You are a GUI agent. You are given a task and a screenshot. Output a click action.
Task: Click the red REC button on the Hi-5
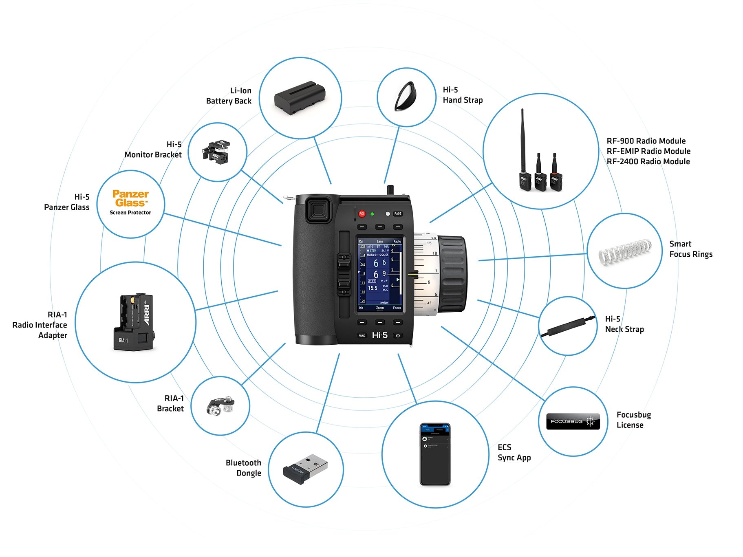[x=362, y=214]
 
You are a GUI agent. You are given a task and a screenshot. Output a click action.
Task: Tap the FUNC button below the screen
[x=362, y=335]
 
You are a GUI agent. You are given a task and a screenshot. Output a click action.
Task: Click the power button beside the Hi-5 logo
[x=398, y=335]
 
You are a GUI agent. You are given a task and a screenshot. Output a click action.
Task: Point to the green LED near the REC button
[x=372, y=214]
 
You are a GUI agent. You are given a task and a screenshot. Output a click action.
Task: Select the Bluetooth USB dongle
[x=306, y=469]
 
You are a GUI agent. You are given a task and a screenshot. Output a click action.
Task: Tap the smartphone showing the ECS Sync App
[x=435, y=454]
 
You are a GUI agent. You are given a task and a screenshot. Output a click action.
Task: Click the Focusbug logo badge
[x=573, y=421]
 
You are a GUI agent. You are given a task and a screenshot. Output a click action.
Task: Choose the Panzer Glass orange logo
[x=130, y=198]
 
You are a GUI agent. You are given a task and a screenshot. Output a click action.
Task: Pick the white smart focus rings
[x=624, y=251]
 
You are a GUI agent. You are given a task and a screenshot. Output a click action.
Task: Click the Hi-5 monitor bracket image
[x=217, y=152]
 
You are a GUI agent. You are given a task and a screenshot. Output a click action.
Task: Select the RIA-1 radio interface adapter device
[x=133, y=322]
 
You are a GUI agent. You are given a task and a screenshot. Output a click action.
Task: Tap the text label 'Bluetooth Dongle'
[x=243, y=468]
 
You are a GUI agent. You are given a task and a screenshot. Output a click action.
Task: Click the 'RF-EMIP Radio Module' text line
[x=648, y=151]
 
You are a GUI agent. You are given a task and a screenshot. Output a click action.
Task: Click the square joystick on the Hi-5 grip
[x=318, y=210]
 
